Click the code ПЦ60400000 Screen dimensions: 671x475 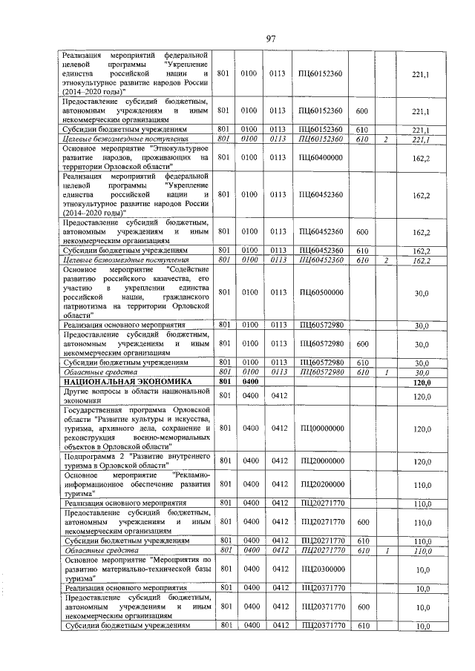321,157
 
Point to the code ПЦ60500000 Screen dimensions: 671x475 321,294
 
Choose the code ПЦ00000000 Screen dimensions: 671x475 321,429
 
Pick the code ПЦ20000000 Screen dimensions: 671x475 321,461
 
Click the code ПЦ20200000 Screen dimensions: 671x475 321,484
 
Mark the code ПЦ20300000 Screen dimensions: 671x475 321,569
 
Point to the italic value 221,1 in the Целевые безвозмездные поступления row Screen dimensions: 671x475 421,139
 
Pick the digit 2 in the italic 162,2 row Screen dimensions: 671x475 386,260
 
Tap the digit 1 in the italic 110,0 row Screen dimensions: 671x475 386,550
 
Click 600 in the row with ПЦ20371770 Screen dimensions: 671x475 362,606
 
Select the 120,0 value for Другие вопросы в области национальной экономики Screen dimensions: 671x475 422,397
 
